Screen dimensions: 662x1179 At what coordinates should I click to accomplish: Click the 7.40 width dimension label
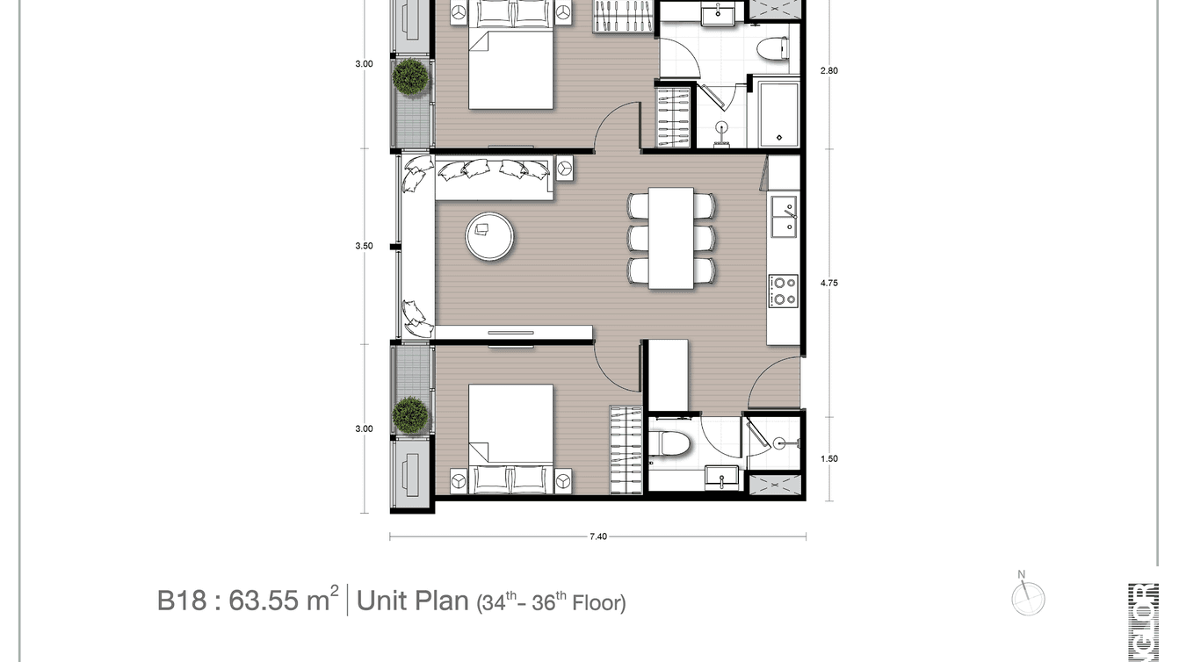[x=597, y=536]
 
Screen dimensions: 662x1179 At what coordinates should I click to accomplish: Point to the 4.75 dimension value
[x=828, y=284]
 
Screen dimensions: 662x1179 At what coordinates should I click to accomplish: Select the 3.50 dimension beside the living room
[x=364, y=247]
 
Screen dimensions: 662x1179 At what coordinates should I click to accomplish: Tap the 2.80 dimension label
[x=828, y=70]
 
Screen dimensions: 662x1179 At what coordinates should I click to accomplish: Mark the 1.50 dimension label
[x=828, y=458]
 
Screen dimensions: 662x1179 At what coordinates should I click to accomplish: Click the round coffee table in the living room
[x=490, y=236]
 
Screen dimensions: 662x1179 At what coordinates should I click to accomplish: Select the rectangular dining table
[x=671, y=238]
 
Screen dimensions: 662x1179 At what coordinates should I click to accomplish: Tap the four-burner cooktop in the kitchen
[x=783, y=291]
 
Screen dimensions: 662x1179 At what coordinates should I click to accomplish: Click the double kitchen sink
[x=784, y=217]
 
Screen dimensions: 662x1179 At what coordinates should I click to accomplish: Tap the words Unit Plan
[x=412, y=601]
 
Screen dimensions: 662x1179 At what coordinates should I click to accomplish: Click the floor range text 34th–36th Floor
[x=551, y=602]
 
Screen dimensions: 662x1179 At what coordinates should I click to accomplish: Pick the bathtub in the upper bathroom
[x=778, y=114]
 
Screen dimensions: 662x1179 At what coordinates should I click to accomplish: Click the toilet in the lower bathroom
[x=672, y=443]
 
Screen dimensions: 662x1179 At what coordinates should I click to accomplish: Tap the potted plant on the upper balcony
[x=410, y=77]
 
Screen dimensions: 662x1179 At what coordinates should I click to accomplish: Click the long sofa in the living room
[x=494, y=170]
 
